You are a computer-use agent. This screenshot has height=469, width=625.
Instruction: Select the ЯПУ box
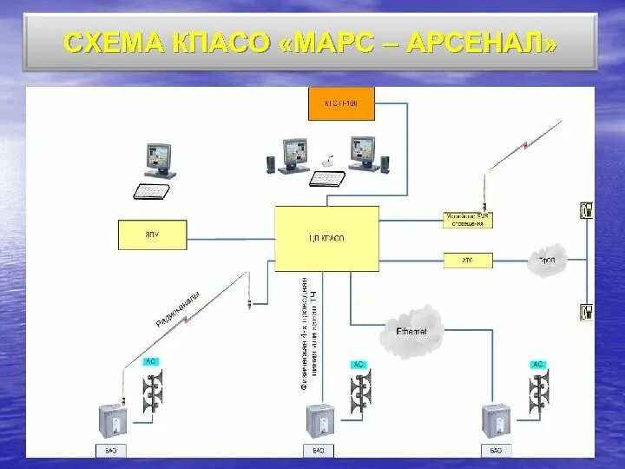coord(152,234)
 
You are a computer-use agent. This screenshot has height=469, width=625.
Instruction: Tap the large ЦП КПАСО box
coord(326,238)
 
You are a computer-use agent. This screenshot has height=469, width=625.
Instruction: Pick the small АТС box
coord(468,260)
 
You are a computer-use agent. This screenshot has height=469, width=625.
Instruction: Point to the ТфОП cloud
coord(546,260)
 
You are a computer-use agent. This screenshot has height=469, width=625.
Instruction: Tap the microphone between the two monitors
coord(329,162)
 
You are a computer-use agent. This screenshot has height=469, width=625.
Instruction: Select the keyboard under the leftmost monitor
coord(154,190)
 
